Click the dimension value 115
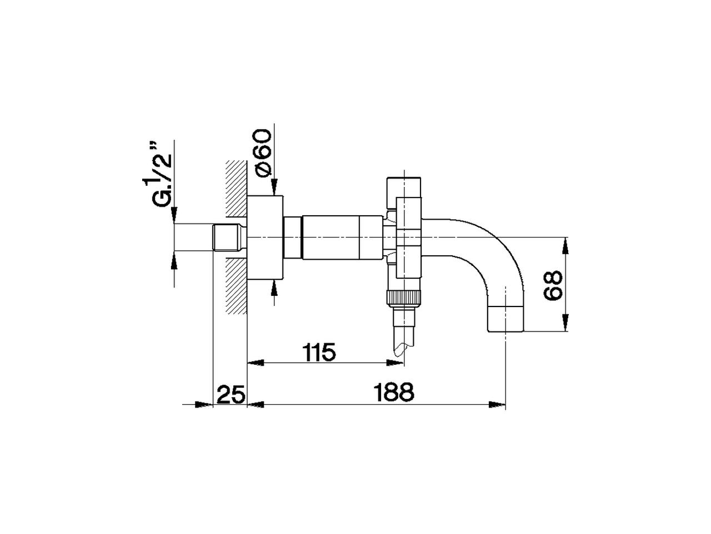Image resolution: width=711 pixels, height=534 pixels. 319,352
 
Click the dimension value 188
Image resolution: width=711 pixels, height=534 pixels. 394,393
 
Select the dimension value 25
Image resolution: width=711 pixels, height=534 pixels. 231,395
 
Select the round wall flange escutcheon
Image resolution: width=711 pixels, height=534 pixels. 265,238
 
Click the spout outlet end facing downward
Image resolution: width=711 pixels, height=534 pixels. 505,319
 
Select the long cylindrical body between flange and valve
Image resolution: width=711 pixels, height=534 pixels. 331,238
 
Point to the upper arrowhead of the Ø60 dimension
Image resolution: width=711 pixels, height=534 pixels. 275,187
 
